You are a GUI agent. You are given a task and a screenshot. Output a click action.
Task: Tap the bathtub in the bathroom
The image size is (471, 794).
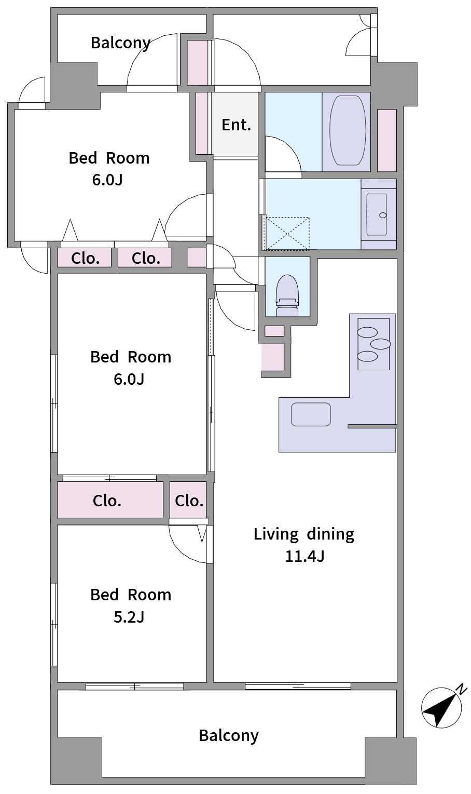(347, 130)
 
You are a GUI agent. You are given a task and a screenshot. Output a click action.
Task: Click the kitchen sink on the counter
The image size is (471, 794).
(311, 414)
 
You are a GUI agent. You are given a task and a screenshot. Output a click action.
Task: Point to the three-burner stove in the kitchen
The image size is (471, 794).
(373, 344)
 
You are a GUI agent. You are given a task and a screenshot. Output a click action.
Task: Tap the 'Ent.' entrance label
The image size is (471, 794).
(236, 125)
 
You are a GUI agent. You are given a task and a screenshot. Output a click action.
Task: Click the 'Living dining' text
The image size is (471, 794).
(303, 534)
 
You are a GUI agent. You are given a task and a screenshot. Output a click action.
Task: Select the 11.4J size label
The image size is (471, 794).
(304, 557)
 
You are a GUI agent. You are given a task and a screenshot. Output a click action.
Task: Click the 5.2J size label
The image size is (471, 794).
(129, 617)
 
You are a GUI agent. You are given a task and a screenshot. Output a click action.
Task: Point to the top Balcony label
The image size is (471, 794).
(120, 43)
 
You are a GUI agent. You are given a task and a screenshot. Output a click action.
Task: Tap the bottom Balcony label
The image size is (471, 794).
(228, 735)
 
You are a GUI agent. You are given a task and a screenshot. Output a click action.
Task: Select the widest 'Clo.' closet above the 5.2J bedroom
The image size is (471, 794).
(110, 500)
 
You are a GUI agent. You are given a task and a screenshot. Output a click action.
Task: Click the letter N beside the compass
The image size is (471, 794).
(461, 690)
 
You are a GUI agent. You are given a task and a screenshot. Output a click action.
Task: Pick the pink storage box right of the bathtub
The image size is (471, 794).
(386, 140)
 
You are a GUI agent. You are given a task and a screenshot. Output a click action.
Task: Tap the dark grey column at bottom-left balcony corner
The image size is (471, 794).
(76, 760)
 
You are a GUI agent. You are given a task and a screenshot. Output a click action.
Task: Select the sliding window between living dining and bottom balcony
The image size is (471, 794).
(298, 686)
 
